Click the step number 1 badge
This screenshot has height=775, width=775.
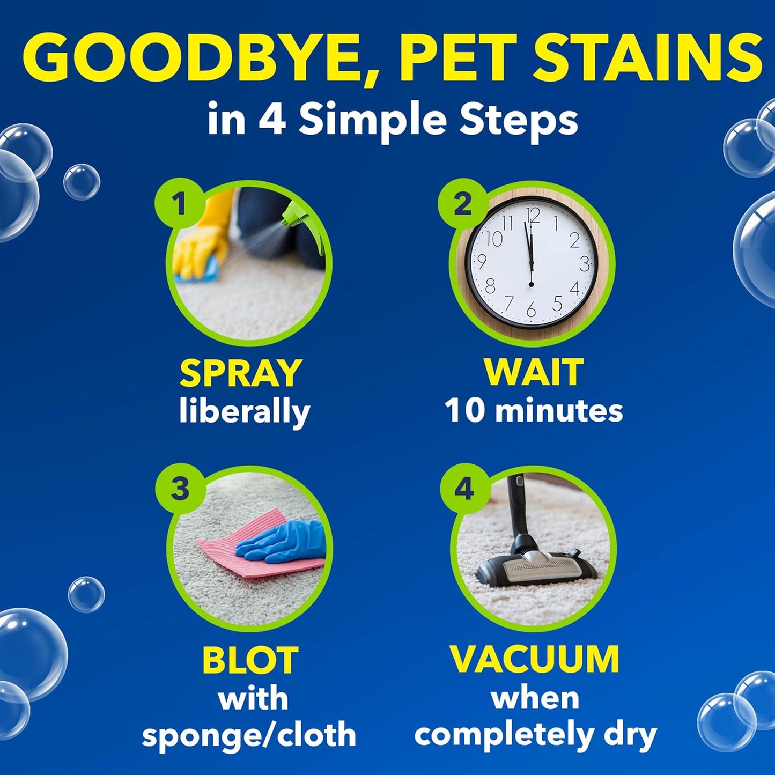tap(179, 204)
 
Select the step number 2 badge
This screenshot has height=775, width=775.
tap(462, 204)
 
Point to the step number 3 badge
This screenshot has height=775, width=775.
tap(180, 489)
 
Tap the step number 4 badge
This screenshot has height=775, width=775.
tap(464, 489)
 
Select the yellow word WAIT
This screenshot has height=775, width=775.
tap(533, 371)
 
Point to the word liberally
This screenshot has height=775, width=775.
tap(245, 412)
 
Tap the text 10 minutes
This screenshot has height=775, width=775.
tap(534, 411)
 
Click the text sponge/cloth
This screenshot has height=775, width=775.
tap(249, 735)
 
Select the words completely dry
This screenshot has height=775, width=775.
tap(535, 735)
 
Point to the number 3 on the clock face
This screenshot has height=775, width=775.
tap(584, 263)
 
